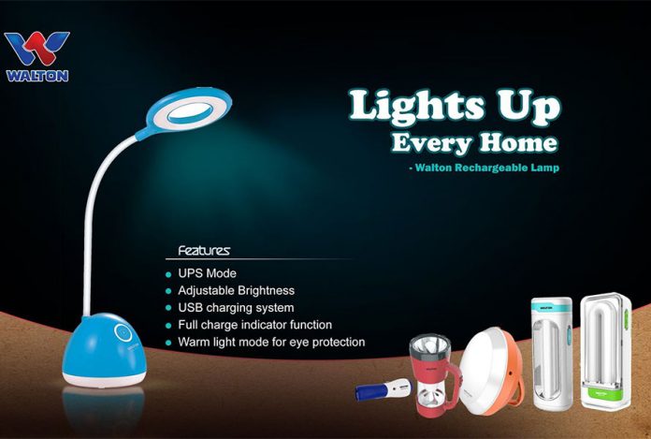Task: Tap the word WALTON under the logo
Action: coord(36,75)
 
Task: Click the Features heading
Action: coord(204,251)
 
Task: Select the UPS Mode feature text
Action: coord(208,273)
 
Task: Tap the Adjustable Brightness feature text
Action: coord(236,290)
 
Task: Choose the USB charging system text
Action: coord(236,307)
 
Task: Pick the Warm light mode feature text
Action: coord(270,342)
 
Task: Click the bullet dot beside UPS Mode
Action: coord(167,274)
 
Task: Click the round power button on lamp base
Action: coord(122,332)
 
